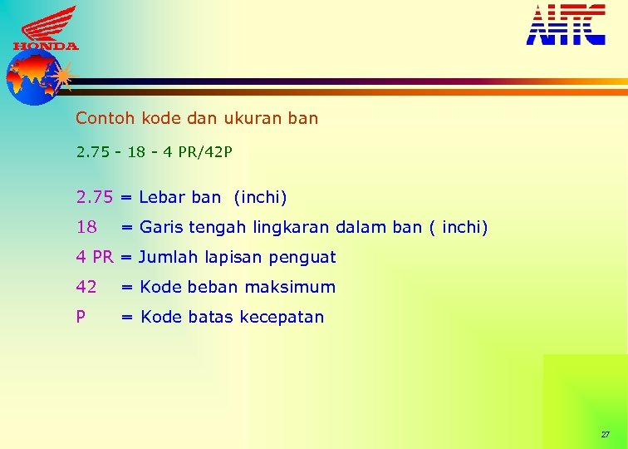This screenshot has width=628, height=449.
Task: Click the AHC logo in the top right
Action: click(566, 24)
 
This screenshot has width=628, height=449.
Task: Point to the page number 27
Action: click(605, 435)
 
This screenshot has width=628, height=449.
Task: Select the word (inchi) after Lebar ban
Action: click(260, 198)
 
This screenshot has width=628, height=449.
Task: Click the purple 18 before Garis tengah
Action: click(86, 227)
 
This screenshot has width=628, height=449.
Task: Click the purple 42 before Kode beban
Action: click(86, 287)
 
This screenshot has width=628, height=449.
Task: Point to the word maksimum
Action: click(297, 287)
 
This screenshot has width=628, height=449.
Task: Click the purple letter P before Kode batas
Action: click(81, 317)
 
